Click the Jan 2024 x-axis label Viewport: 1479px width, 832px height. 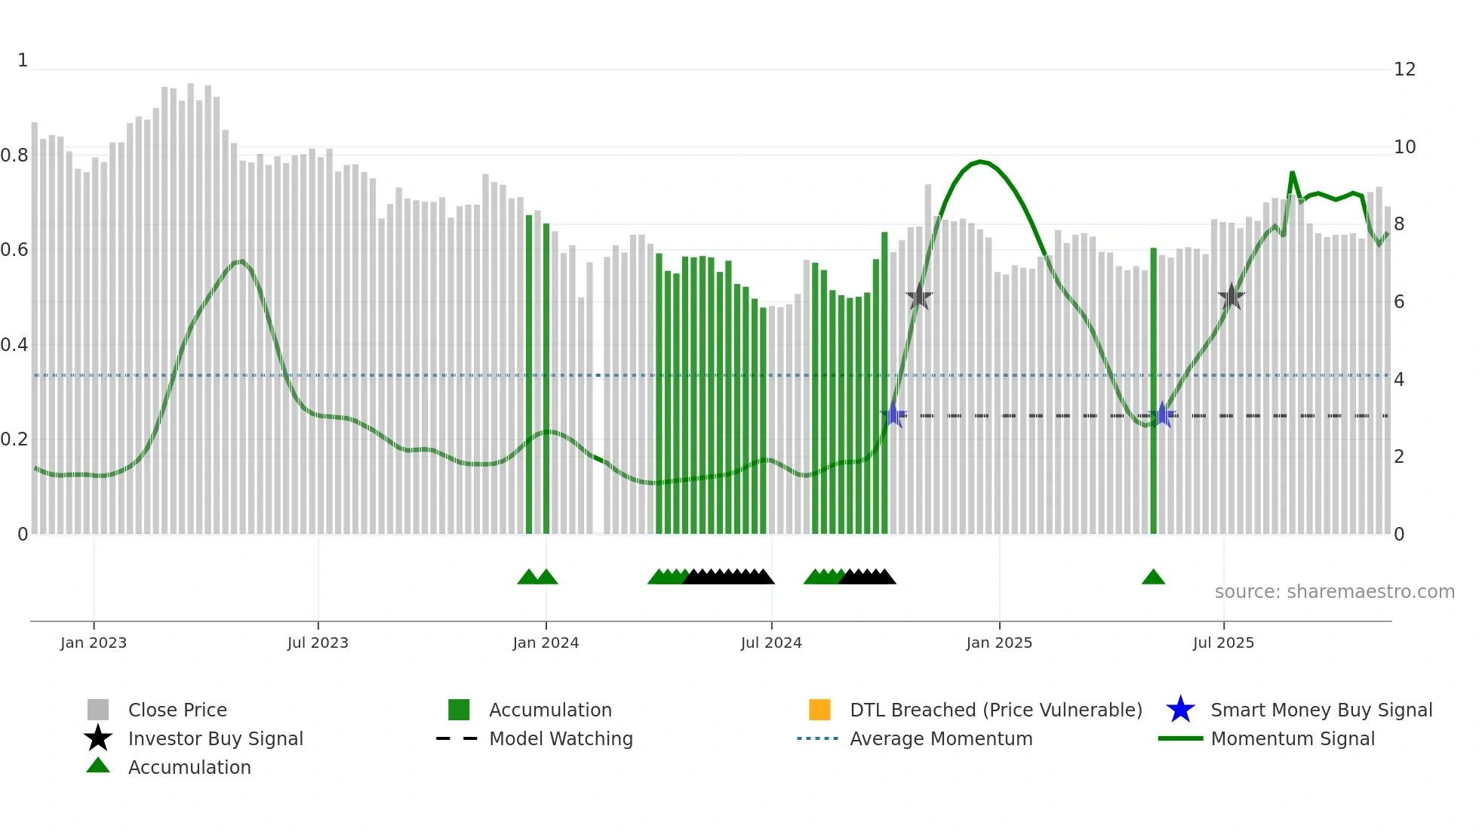coord(546,642)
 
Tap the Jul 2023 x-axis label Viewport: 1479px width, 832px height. coord(318,642)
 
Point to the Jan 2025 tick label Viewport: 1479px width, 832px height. coord(999,642)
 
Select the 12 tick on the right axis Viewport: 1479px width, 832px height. coord(1404,69)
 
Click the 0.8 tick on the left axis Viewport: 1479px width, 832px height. coord(14,156)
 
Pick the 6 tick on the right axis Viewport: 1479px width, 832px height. coord(1399,302)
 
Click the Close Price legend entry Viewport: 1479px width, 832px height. coord(177,710)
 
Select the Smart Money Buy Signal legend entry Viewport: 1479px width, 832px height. coord(1321,710)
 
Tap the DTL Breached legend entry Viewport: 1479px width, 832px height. coord(995,710)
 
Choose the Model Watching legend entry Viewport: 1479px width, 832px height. coord(561,738)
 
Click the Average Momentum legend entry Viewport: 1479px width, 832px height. coord(941,738)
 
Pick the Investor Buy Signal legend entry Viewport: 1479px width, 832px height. coord(215,738)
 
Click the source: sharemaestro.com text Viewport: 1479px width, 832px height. coord(1334,592)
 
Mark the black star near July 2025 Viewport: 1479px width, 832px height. coord(1231,297)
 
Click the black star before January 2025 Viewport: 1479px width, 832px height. coord(918,297)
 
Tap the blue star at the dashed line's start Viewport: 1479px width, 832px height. coord(893,415)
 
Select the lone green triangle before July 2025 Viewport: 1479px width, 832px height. coord(1153,578)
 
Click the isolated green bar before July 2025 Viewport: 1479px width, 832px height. coord(1153,393)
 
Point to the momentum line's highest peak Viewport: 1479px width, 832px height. coord(979,162)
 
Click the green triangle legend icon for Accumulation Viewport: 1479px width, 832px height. coord(98,766)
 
